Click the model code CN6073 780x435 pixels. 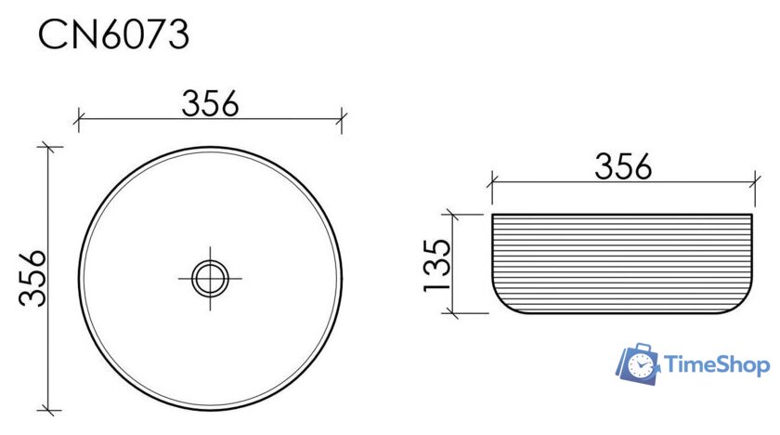click(114, 33)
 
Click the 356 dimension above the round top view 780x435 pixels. click(210, 103)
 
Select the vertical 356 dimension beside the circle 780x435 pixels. click(32, 278)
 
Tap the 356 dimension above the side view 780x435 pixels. click(623, 166)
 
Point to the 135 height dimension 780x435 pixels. click(436, 265)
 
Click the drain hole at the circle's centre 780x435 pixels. click(210, 278)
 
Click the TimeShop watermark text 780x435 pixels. click(716, 364)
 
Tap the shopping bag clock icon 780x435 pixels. click(638, 363)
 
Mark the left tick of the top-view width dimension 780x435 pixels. click(79, 120)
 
